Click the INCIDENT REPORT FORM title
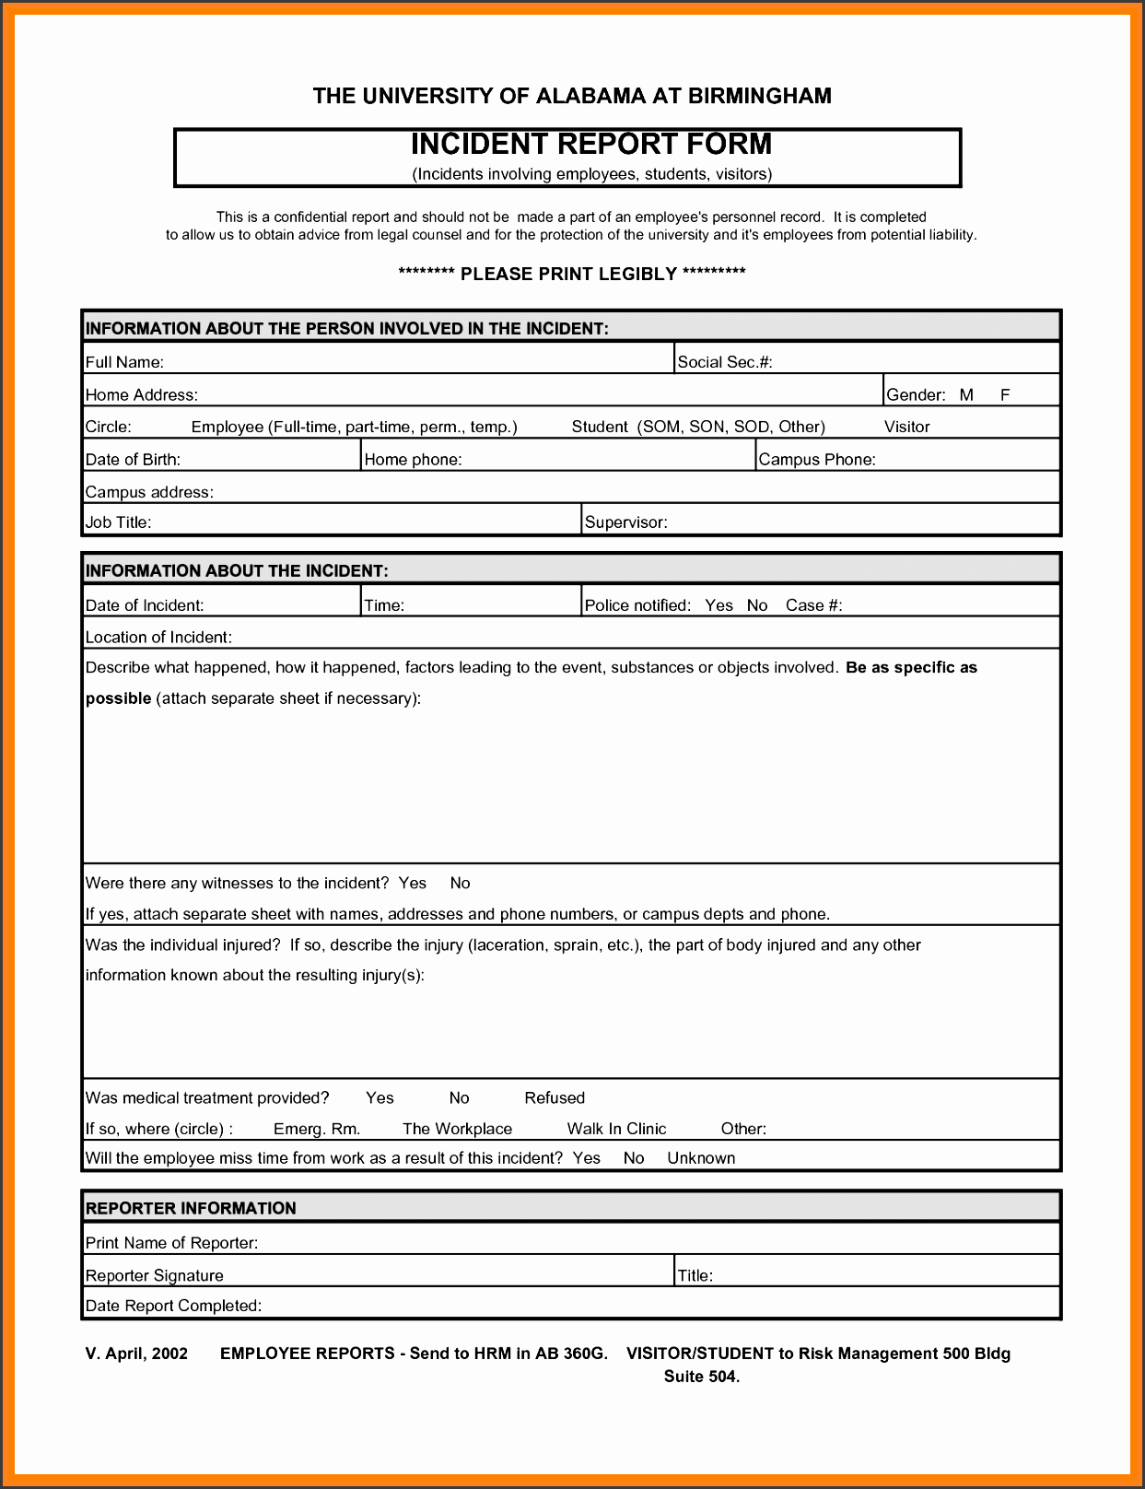(590, 145)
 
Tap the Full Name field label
(124, 362)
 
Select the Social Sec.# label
(725, 362)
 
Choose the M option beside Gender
(966, 395)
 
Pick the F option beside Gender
(1005, 395)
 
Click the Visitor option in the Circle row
(906, 427)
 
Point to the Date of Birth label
(133, 460)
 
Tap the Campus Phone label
(817, 460)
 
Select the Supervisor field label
(626, 522)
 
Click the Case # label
(813, 605)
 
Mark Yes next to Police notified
(719, 605)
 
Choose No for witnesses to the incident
(460, 883)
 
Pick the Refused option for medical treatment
(555, 1097)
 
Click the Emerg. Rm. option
(317, 1129)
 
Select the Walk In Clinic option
(616, 1129)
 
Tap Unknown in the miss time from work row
(701, 1158)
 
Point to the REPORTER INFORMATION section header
(191, 1208)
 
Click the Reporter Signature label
(155, 1275)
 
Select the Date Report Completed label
(173, 1306)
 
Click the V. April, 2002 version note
(136, 1354)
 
